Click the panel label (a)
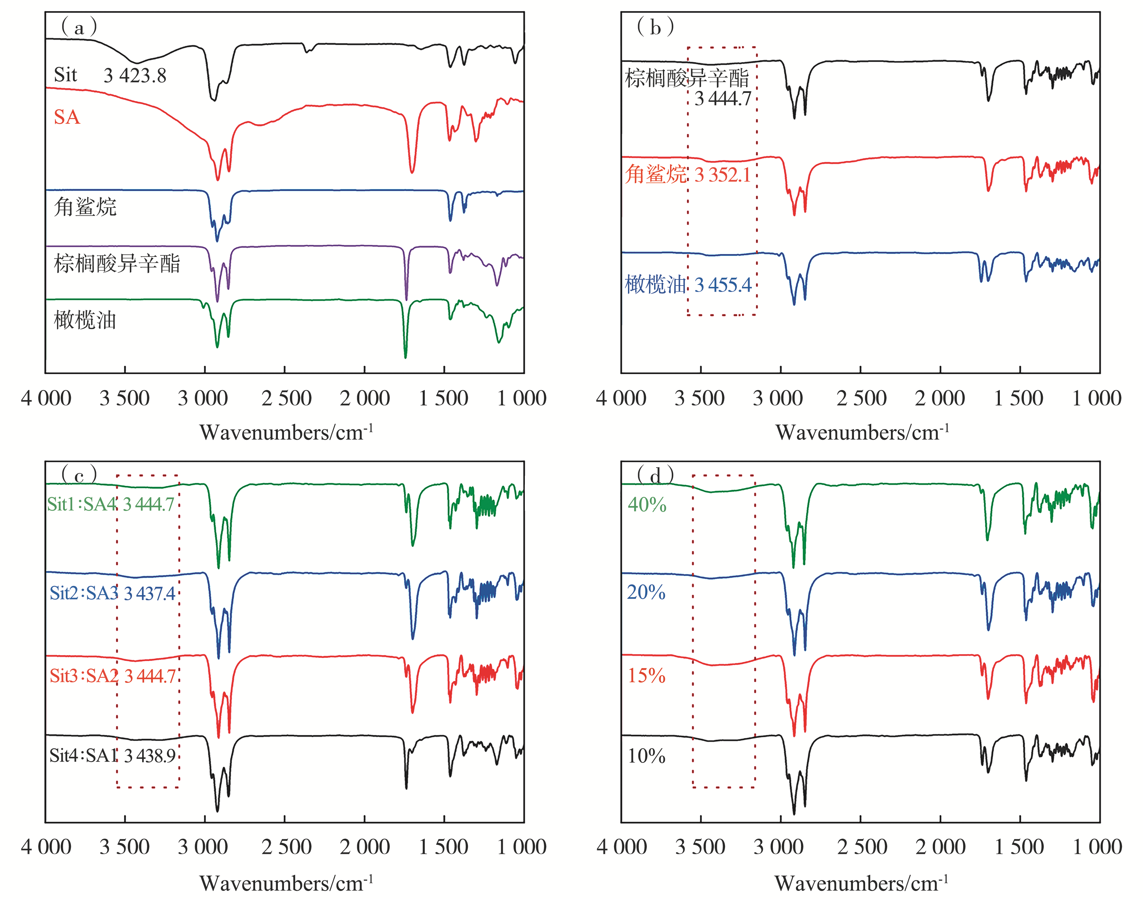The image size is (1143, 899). pyautogui.click(x=79, y=27)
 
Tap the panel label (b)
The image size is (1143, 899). pyautogui.click(x=655, y=27)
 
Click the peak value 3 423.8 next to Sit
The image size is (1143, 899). pyautogui.click(x=135, y=76)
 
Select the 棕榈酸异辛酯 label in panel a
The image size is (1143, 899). pyautogui.click(x=117, y=263)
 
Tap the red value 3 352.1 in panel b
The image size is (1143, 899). pyautogui.click(x=722, y=175)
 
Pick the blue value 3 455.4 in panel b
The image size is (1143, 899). pyautogui.click(x=722, y=285)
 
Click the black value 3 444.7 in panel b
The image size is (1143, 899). pyautogui.click(x=722, y=98)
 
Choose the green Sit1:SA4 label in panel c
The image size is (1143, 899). pyautogui.click(x=82, y=504)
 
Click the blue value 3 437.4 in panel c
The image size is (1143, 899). pyautogui.click(x=150, y=594)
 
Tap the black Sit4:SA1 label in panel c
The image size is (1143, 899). pyautogui.click(x=83, y=756)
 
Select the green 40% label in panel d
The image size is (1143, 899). pyautogui.click(x=647, y=505)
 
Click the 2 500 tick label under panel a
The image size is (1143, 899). pyautogui.click(x=286, y=398)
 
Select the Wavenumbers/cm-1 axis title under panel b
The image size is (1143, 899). pyautogui.click(x=862, y=433)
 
